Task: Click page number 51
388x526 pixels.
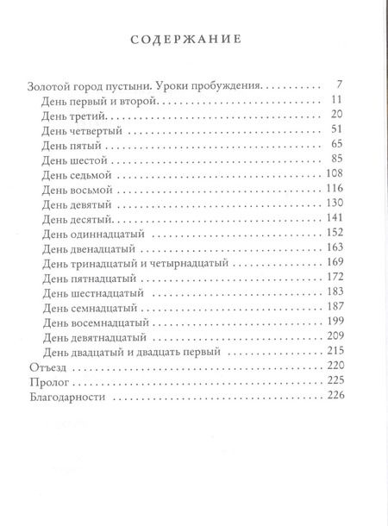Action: (338, 129)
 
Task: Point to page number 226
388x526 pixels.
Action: (335, 396)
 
